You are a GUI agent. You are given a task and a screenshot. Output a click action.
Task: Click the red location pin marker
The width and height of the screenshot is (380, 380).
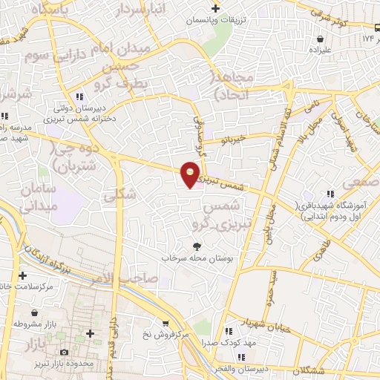(191, 174)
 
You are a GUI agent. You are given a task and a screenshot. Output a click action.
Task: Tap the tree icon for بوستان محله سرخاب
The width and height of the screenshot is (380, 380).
(197, 247)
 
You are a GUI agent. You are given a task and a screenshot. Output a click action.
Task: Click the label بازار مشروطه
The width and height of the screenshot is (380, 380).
(31, 324)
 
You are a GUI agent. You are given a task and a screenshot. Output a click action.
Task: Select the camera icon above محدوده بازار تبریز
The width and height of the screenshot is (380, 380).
(65, 351)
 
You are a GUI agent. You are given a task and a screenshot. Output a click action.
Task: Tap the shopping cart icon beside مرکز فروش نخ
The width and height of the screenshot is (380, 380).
(165, 324)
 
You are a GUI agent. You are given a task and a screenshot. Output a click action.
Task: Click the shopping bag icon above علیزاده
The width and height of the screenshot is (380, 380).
(320, 39)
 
